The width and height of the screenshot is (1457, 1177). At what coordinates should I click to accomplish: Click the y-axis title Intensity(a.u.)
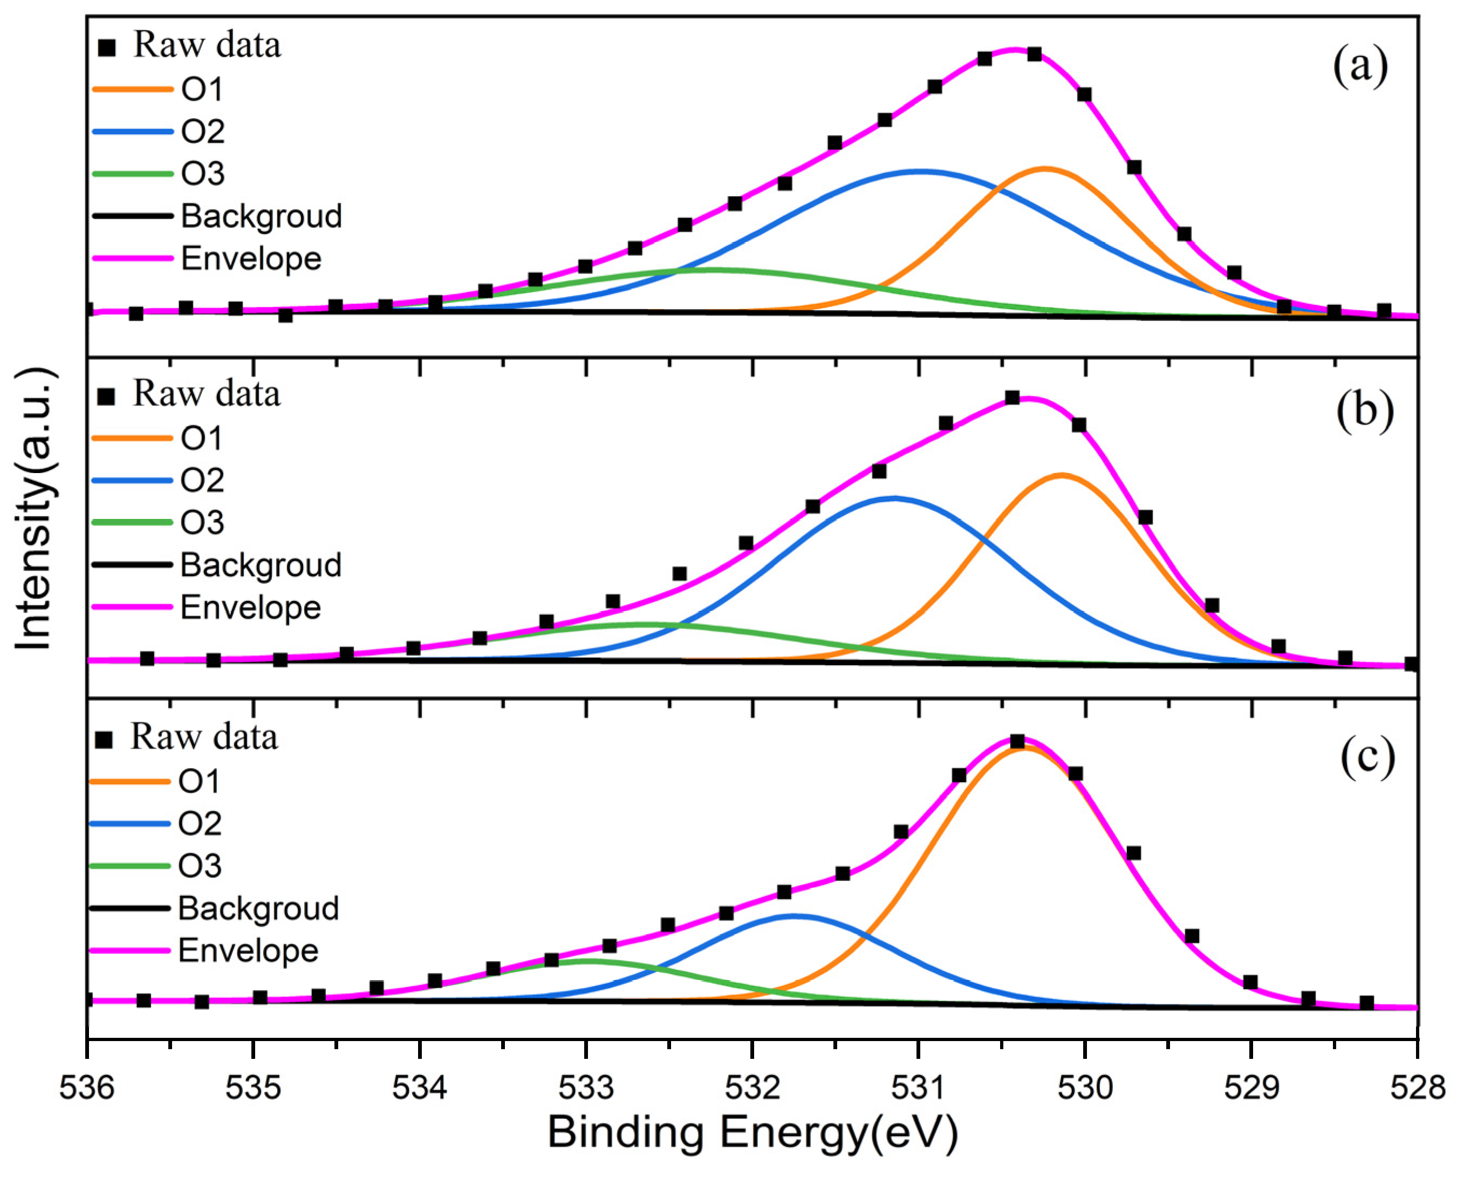[34, 509]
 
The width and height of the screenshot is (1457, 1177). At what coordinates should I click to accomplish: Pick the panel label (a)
[1360, 67]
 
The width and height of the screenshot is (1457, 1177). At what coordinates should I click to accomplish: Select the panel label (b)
[1365, 410]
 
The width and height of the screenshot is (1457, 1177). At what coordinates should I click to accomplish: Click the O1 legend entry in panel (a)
[202, 90]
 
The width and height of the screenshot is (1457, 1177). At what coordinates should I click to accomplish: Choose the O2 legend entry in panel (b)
[202, 480]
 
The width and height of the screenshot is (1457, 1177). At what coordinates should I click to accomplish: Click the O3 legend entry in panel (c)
[200, 866]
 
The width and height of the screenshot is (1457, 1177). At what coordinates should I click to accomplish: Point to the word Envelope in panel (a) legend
[251, 259]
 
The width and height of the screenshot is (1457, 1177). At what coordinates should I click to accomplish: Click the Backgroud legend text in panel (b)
[261, 565]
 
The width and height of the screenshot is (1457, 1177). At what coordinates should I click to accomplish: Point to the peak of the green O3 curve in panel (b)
[644, 624]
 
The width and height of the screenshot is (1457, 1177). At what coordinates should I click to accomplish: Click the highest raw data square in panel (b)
[1012, 398]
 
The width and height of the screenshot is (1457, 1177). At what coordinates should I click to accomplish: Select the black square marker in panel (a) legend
[107, 47]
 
